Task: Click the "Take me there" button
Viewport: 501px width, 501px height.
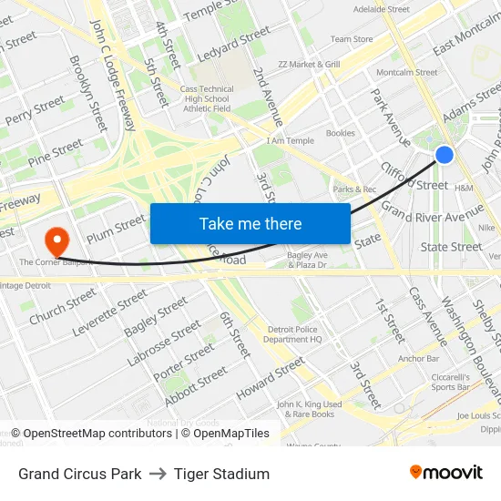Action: (250, 223)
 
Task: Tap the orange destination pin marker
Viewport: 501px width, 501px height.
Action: (57, 240)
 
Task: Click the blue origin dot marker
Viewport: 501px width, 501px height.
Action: (445, 155)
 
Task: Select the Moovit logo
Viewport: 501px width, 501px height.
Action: (445, 472)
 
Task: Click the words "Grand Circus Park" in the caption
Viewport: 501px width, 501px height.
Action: (80, 474)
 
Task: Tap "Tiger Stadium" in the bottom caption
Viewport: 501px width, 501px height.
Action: (221, 474)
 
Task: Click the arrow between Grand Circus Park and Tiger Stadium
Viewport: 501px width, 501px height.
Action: (158, 474)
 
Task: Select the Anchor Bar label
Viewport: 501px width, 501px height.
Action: (419, 358)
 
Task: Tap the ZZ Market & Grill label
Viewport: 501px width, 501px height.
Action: (309, 65)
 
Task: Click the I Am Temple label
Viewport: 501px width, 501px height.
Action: (290, 141)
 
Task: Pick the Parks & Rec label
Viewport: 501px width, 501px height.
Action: (354, 189)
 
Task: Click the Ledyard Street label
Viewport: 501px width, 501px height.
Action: (234, 43)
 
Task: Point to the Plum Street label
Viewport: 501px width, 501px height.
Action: (116, 228)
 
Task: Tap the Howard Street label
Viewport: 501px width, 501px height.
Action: (271, 378)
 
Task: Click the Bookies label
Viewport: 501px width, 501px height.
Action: (340, 133)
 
